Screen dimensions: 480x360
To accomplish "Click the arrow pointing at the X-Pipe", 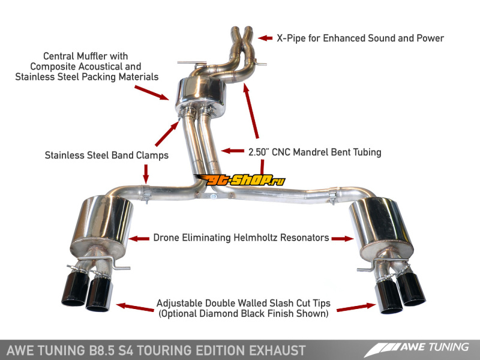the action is pyautogui.click(x=265, y=38).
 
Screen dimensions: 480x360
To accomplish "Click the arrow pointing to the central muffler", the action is pyautogui.click(x=152, y=93).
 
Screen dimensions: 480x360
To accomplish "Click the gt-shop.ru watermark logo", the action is pyautogui.click(x=239, y=180).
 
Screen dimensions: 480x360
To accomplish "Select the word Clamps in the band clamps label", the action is pyautogui.click(x=152, y=155).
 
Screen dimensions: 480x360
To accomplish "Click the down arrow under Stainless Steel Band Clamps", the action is pyautogui.click(x=146, y=174).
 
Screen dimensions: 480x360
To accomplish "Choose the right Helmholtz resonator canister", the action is pyautogui.click(x=380, y=227).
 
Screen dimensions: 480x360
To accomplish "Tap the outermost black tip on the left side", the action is pyautogui.click(x=75, y=288).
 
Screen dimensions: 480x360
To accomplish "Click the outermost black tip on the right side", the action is pyautogui.click(x=411, y=289).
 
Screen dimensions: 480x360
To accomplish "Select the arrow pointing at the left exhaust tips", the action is pyautogui.click(x=135, y=307).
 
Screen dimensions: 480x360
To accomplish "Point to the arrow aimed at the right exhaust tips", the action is pyautogui.click(x=356, y=308).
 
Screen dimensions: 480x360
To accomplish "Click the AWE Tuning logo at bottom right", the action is pyautogui.click(x=416, y=349).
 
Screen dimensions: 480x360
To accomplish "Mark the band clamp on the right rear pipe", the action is pyautogui.click(x=333, y=197).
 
